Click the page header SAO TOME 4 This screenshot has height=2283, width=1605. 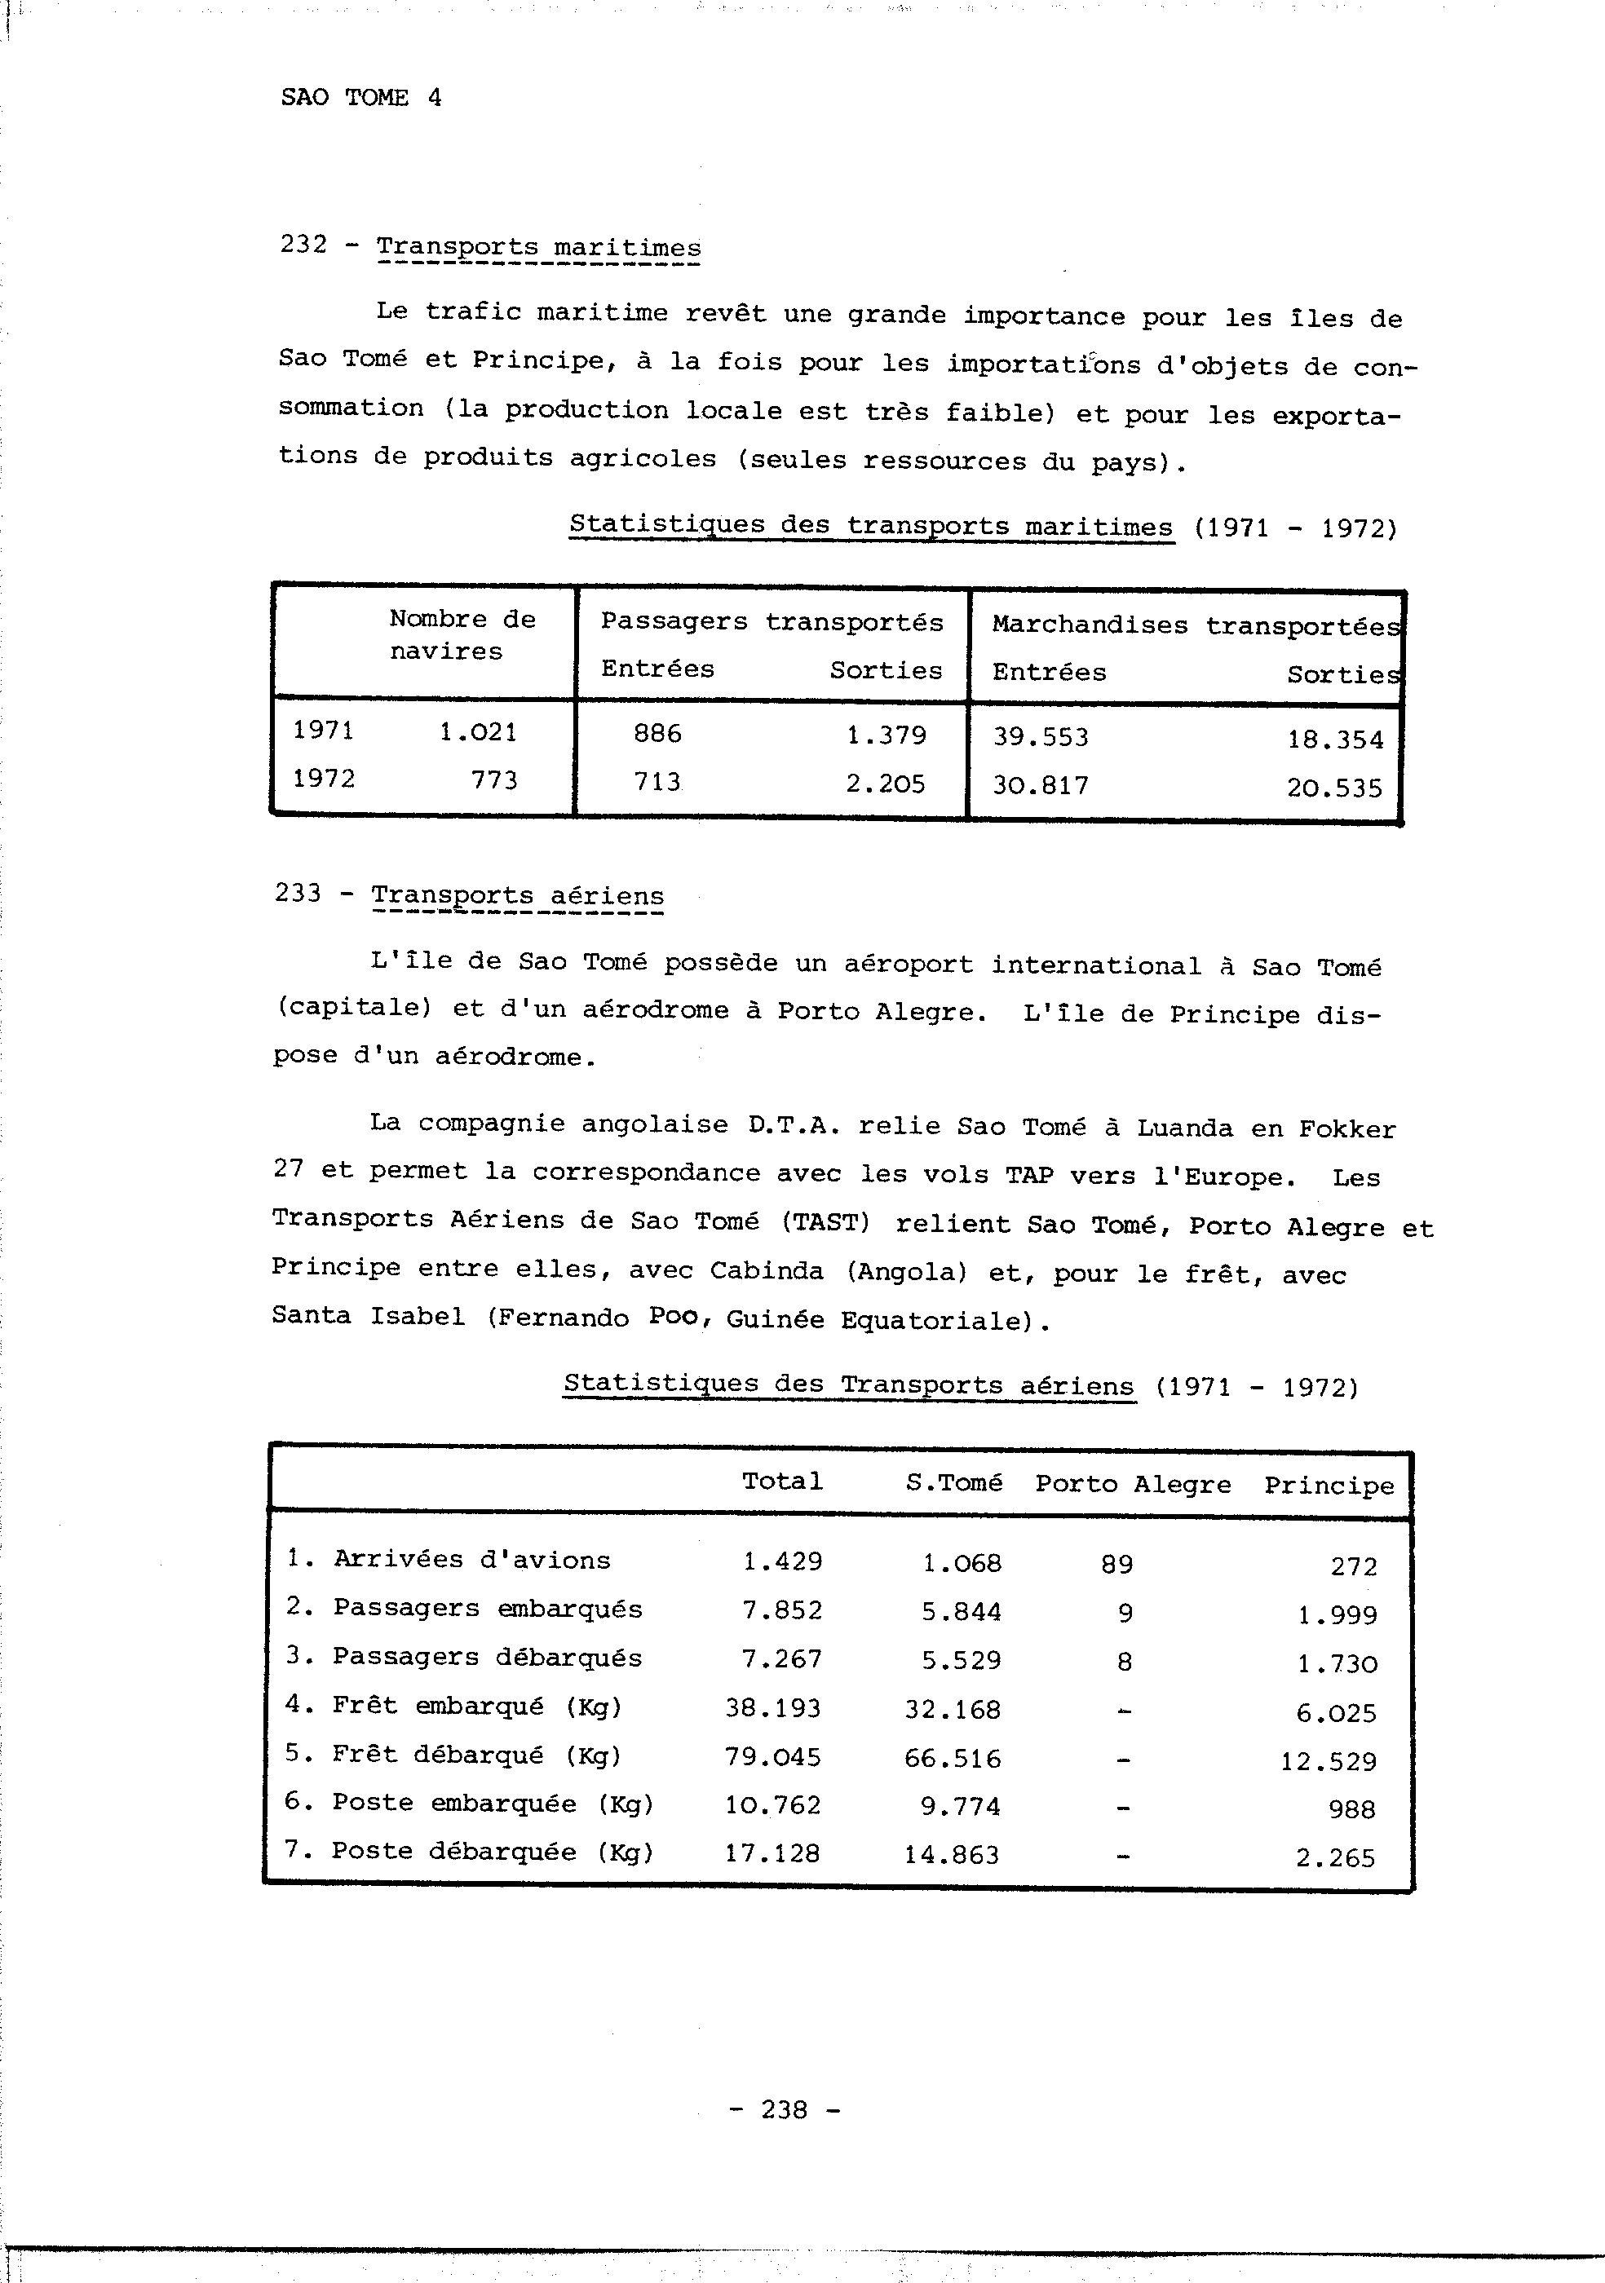click(361, 98)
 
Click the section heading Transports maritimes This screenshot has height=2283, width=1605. click(538, 248)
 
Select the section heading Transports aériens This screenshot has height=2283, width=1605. click(517, 895)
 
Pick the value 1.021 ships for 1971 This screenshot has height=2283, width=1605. click(478, 733)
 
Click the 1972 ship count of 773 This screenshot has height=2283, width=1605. click(494, 780)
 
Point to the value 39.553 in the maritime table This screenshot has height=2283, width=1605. click(1040, 738)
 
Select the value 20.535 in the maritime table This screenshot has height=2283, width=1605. click(1333, 788)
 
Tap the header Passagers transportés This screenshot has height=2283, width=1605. click(772, 622)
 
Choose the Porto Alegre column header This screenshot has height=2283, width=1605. click(1133, 1485)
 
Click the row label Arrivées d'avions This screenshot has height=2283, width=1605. click(471, 1559)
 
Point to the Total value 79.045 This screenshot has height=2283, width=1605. click(772, 1757)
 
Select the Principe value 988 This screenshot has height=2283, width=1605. click(1351, 1808)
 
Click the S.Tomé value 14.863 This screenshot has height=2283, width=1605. click(952, 1854)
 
